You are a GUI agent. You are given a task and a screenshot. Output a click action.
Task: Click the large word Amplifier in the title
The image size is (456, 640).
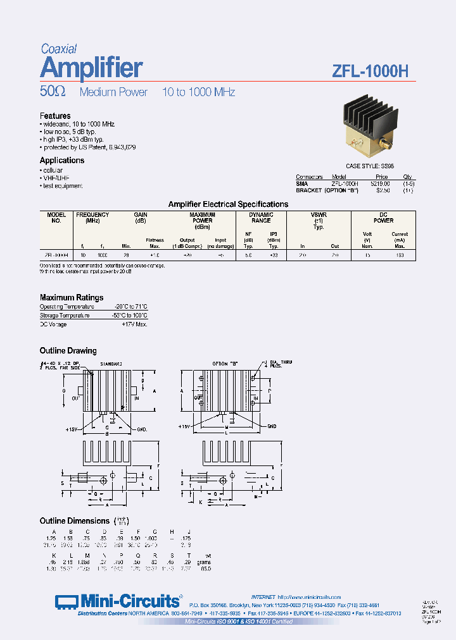(91, 68)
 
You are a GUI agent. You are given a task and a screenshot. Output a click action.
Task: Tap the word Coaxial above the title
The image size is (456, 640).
(59, 49)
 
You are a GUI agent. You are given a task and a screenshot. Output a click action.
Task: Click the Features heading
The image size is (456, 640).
(55, 116)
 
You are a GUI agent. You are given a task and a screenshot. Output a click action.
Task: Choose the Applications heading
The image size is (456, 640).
(62, 161)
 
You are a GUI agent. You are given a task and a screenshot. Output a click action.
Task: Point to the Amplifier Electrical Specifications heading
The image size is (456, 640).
(228, 204)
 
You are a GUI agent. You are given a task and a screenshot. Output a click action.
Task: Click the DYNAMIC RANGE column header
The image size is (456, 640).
(261, 218)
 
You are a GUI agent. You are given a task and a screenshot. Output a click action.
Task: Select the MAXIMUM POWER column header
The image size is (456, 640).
(203, 218)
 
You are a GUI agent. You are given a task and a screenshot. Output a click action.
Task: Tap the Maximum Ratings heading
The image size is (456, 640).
(72, 297)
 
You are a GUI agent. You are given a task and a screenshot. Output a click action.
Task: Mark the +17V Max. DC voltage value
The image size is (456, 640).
(134, 324)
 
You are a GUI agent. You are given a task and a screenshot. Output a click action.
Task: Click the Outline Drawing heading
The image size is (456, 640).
(68, 350)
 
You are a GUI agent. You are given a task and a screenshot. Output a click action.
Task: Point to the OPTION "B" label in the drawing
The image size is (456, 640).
(226, 364)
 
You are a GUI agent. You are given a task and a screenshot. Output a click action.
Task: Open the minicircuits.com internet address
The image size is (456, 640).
(310, 596)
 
